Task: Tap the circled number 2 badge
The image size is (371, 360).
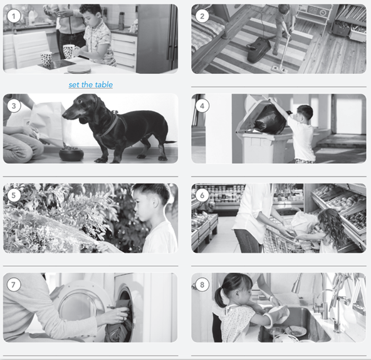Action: coord(201,16)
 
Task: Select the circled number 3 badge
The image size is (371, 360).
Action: coord(13,105)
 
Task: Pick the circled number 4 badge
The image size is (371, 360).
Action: coord(201,105)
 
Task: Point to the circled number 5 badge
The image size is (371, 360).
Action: coord(13,195)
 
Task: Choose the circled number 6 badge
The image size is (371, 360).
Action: coord(201,195)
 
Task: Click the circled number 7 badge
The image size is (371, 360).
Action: coord(13,284)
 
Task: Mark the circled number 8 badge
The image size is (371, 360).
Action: coord(201,284)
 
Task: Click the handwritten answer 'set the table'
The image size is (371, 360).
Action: coord(90,85)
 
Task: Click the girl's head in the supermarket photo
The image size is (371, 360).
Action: coord(330,222)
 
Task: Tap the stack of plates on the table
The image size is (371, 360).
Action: coord(79,68)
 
